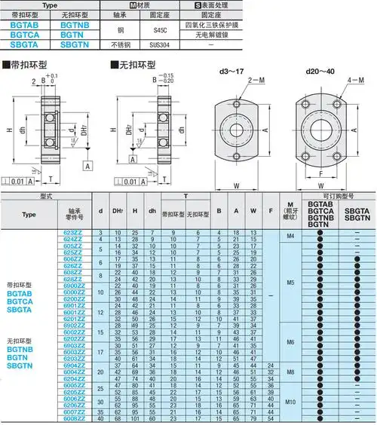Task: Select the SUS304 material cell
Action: (x=161, y=46)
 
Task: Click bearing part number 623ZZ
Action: (x=73, y=234)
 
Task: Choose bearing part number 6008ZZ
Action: (x=73, y=418)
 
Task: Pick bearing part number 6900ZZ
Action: (x=73, y=285)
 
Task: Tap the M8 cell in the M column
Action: (x=290, y=371)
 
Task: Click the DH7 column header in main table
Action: (x=118, y=213)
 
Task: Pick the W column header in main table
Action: (x=253, y=213)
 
